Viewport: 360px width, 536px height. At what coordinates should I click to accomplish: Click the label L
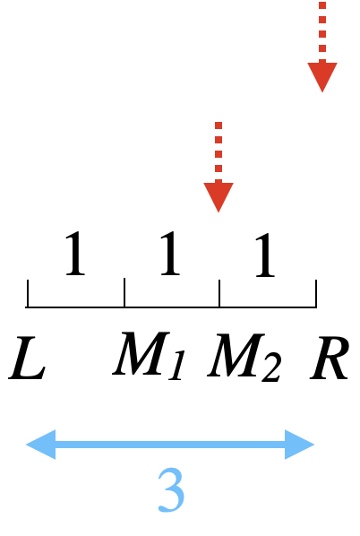pyautogui.click(x=28, y=358)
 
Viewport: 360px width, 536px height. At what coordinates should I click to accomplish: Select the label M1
pyautogui.click(x=149, y=356)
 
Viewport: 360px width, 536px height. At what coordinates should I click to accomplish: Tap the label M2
pyautogui.click(x=244, y=358)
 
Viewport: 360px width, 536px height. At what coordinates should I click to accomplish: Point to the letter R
pyautogui.click(x=330, y=358)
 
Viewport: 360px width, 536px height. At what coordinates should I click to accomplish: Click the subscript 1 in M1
pyautogui.click(x=177, y=365)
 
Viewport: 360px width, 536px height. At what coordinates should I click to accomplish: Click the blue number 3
pyautogui.click(x=171, y=490)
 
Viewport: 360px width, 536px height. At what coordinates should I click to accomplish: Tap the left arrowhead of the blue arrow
pyautogui.click(x=41, y=445)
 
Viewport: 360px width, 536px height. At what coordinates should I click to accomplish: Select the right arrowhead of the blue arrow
pyautogui.click(x=299, y=445)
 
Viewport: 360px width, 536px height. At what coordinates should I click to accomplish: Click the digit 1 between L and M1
pyautogui.click(x=75, y=253)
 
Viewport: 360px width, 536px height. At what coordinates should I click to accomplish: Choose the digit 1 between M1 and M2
pyautogui.click(x=170, y=253)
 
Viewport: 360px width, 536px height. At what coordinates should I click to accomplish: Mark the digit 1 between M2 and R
pyautogui.click(x=265, y=255)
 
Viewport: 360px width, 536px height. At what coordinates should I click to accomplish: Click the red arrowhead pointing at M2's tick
pyautogui.click(x=219, y=195)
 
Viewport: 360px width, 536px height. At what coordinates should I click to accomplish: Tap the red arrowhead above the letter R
pyautogui.click(x=322, y=76)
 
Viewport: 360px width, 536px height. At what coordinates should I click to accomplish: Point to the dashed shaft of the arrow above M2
pyautogui.click(x=219, y=152)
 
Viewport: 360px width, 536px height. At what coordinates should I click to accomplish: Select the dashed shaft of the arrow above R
pyautogui.click(x=322, y=32)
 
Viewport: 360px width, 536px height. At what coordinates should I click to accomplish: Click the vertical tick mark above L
pyautogui.click(x=28, y=293)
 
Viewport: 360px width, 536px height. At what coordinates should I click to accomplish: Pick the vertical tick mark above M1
pyautogui.click(x=124, y=292)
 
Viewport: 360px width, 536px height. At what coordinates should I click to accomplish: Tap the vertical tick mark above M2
pyautogui.click(x=219, y=293)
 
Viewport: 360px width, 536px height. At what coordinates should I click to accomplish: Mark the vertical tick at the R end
pyautogui.click(x=316, y=293)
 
